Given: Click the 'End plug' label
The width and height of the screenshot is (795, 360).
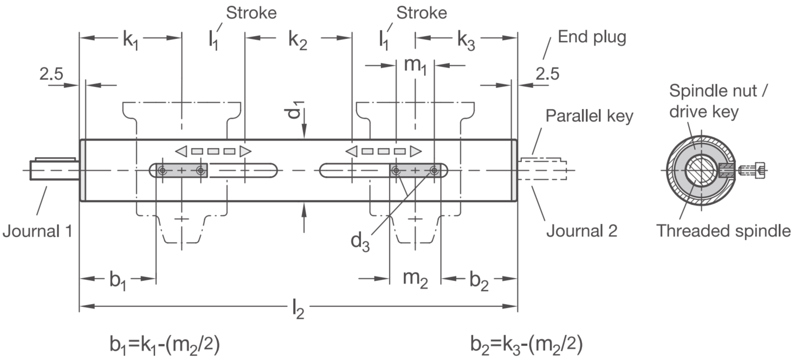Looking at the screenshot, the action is coord(592,37).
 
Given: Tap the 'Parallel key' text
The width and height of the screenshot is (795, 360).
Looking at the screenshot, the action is coord(589,115).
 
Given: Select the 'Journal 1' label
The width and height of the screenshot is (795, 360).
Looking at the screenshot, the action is coord(37,231).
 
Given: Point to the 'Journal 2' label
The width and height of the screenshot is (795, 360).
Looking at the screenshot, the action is coord(581,231).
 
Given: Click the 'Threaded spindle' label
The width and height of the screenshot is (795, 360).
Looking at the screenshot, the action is coord(723,231).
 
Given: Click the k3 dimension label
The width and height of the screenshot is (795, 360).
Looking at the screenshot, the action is coord(466,40).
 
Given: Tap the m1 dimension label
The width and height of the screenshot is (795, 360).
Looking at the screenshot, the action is coord(415,66).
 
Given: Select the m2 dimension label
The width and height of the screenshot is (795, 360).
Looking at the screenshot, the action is coord(415,279).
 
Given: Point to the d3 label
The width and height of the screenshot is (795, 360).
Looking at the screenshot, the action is coord(360,242).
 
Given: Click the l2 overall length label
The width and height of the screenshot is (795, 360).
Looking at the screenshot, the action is coord(298,310).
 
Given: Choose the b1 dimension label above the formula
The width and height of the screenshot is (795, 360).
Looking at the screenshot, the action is coord(118,280).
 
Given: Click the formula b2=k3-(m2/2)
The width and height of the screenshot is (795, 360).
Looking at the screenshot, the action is coord(526,345).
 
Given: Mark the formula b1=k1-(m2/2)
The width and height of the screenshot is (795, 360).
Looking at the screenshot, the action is coord(165,345).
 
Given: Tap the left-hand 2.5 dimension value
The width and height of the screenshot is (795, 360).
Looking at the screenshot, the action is coord(51,74).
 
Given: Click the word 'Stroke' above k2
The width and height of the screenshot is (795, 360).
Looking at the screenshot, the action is coord(251,13).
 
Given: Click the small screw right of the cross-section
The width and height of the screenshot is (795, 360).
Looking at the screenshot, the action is coord(752,171).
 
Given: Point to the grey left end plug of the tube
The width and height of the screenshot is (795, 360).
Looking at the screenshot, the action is coord(83,170).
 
